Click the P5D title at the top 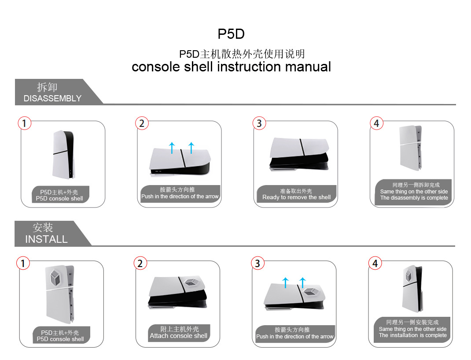[x=231, y=34]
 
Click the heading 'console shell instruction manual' [x=231, y=67]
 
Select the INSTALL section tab [x=47, y=234]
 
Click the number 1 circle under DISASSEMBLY [x=25, y=123]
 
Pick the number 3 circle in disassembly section [x=259, y=123]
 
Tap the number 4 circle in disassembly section [x=376, y=123]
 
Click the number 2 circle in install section [x=140, y=264]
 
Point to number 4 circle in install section [x=375, y=264]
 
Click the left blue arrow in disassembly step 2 [x=172, y=147]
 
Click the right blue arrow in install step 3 [x=302, y=282]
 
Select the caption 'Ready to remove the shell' [x=296, y=197]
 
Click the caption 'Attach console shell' [x=178, y=336]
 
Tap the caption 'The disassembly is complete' [x=414, y=198]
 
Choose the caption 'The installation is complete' [x=413, y=335]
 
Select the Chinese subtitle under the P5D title [x=242, y=54]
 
